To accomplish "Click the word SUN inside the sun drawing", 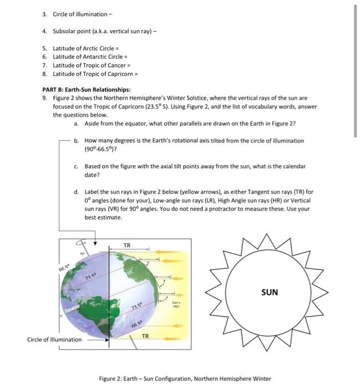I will click(269, 292).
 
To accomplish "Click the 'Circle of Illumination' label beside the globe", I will click(54, 339).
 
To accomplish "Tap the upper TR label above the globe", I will click(127, 245).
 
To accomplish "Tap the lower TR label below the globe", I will click(145, 336).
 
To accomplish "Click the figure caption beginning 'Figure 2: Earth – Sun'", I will click(185, 379).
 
